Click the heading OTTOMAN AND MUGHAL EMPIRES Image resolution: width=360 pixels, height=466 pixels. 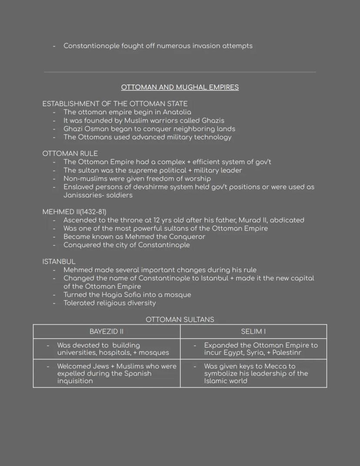point(180,87)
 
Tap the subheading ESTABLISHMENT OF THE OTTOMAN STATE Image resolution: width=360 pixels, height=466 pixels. point(115,104)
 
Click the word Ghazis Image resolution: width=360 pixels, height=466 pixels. point(213,121)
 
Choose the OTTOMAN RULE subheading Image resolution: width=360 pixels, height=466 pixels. point(70,154)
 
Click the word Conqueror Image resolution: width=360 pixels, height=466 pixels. point(185,237)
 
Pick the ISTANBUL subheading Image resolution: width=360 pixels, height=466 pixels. point(59,261)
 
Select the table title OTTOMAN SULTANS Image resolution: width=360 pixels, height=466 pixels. point(180,320)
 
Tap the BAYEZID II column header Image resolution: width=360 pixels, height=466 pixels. point(107,332)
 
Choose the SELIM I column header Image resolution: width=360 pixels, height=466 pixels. point(253,332)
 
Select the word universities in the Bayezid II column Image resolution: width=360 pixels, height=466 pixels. point(77,353)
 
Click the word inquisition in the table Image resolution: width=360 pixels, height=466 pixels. point(75,381)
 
